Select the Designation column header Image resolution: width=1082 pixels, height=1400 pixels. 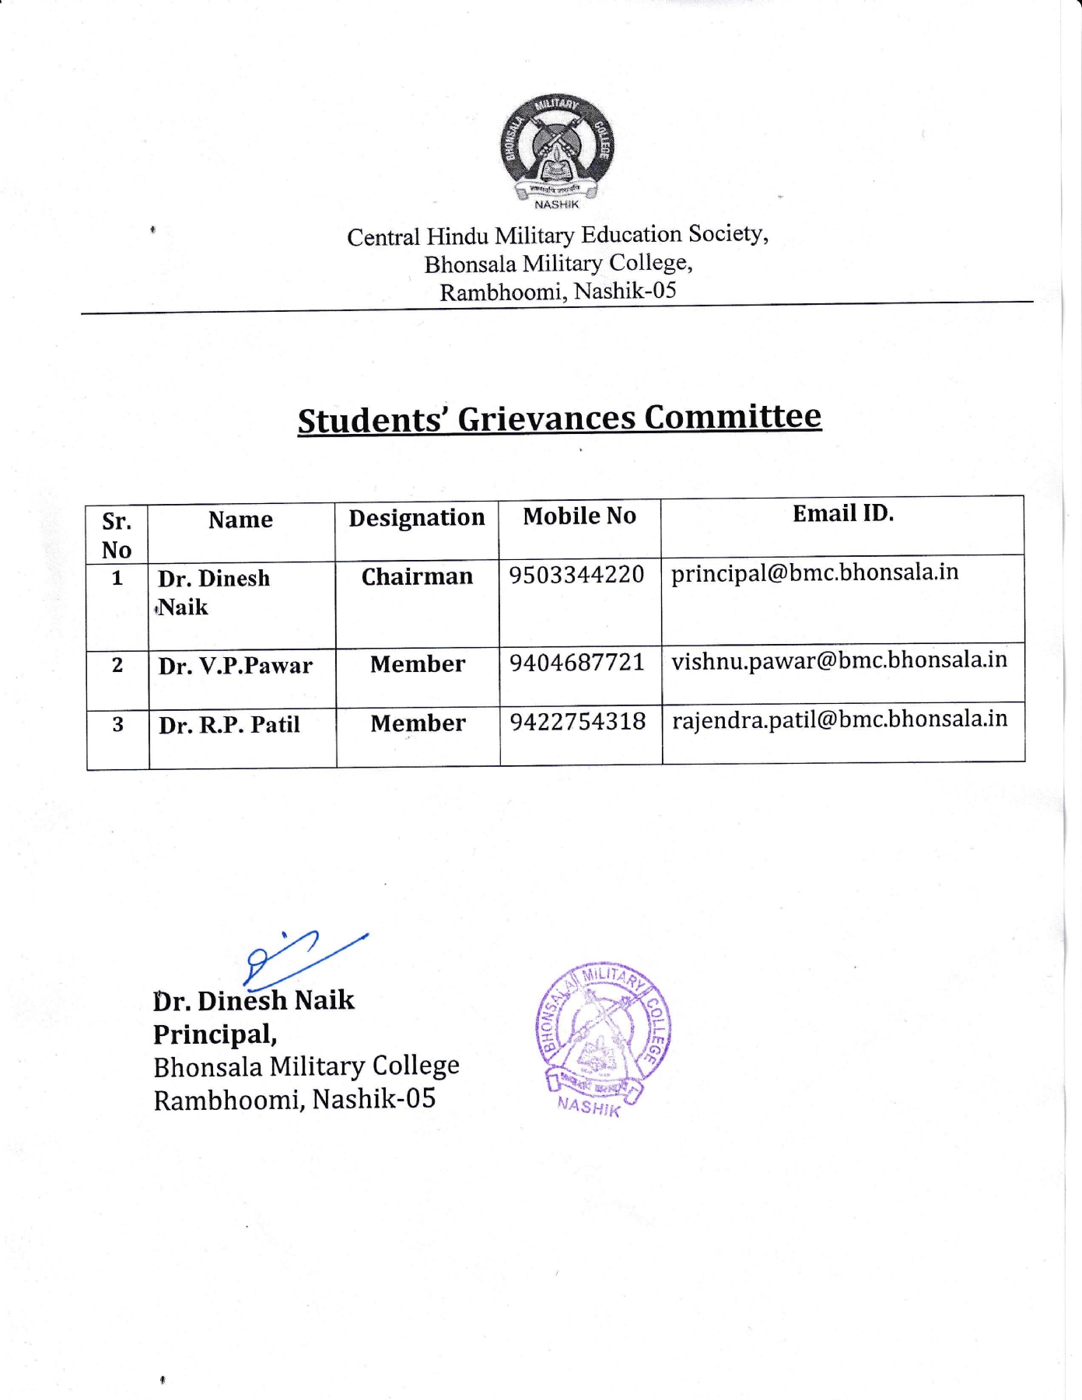tap(416, 518)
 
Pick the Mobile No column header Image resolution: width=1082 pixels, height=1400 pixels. tap(580, 516)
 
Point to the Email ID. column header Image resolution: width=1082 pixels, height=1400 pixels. tap(843, 513)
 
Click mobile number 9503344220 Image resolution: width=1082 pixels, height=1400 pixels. tap(576, 575)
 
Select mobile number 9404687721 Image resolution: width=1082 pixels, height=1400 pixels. tap(577, 663)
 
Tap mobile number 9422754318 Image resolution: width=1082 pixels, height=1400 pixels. tap(578, 722)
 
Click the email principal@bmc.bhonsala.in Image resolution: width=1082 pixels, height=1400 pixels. tap(814, 572)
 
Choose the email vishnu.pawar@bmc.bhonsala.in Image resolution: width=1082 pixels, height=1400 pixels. tap(839, 660)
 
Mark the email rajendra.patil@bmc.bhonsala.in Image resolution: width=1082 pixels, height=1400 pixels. tap(840, 719)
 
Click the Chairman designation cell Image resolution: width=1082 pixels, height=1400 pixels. tap(417, 576)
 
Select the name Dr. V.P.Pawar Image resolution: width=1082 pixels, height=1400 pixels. tap(235, 666)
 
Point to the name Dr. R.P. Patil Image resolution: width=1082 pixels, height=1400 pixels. tap(229, 725)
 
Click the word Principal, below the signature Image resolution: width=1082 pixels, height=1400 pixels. tap(215, 1034)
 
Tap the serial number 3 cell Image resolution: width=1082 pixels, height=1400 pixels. tap(117, 725)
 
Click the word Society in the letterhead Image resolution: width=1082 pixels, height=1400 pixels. tap(727, 233)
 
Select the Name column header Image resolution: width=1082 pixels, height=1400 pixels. tap(240, 520)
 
